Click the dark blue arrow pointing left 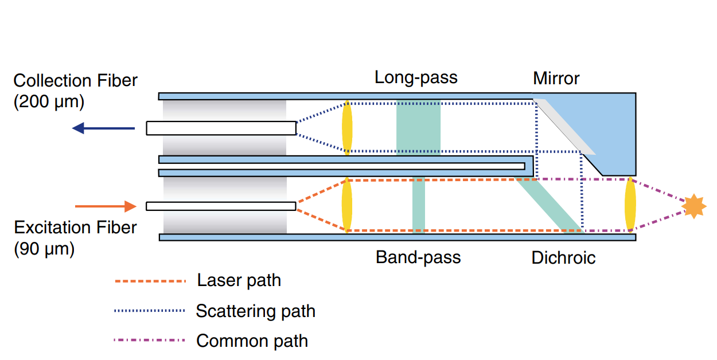[x=103, y=128]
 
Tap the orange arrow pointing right [x=106, y=206]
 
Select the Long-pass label [x=416, y=77]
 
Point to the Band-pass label [x=418, y=257]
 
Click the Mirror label [x=556, y=78]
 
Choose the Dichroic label [x=563, y=258]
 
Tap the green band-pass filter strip [x=419, y=205]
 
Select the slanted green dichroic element [x=551, y=205]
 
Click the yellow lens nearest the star [x=630, y=205]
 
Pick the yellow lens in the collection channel [x=347, y=127]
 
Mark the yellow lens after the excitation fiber [x=346, y=205]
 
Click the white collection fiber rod [x=221, y=128]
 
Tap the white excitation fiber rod [x=221, y=206]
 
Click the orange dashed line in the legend [x=150, y=281]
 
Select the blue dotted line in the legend [x=150, y=311]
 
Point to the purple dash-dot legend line [x=150, y=341]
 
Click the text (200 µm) [x=49, y=103]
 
